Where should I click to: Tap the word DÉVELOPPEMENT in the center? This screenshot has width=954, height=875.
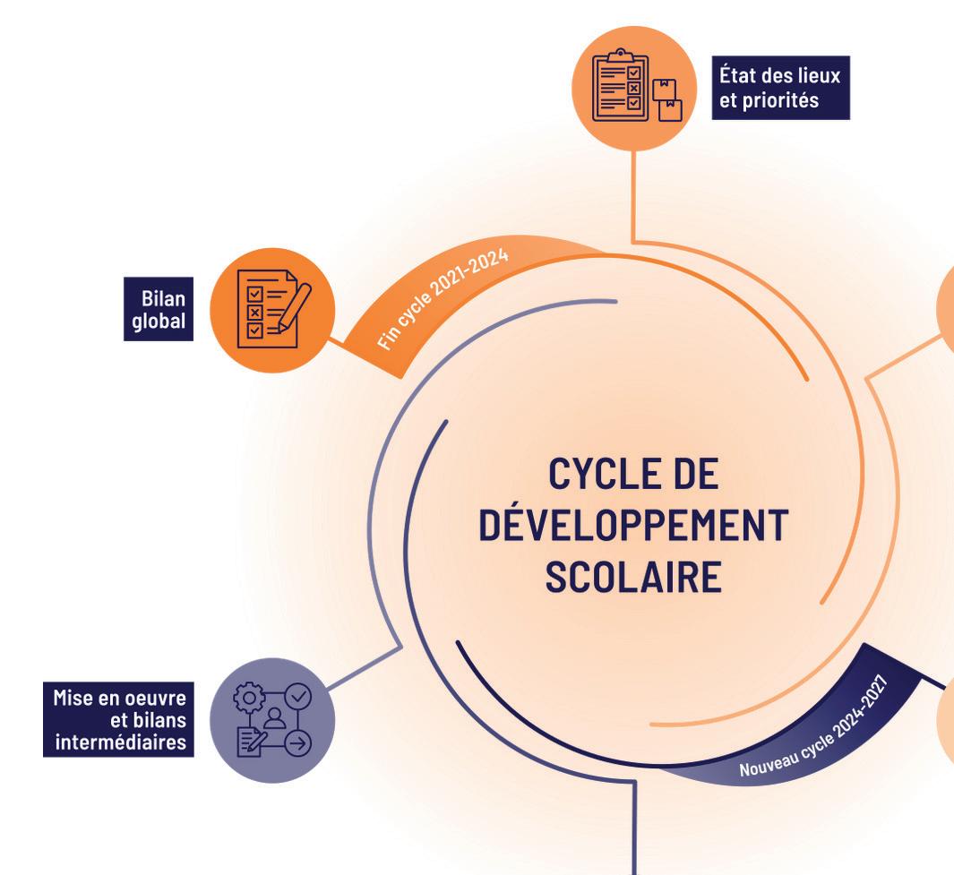click(632, 526)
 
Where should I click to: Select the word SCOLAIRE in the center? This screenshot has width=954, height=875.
click(632, 577)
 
